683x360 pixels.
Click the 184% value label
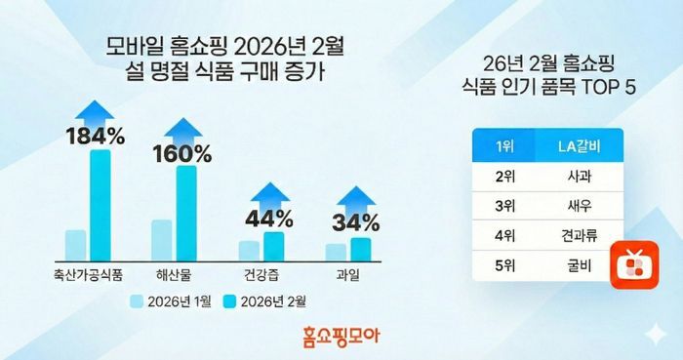click(95, 137)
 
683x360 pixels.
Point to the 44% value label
click(268, 218)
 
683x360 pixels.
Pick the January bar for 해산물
click(161, 240)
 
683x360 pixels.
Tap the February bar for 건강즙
click(274, 246)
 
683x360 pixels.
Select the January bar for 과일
click(336, 252)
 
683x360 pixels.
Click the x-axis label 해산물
click(176, 274)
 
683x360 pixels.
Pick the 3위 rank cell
click(504, 207)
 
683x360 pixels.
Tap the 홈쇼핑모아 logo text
click(341, 338)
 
